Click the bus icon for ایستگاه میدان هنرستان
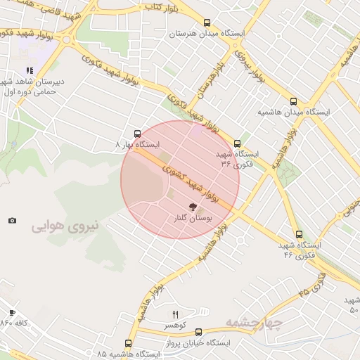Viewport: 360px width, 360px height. [207, 22]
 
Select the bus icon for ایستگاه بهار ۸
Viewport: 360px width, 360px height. [137, 133]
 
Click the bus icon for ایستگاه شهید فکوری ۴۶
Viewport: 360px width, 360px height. [299, 234]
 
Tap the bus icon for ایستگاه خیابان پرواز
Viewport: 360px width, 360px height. [198, 332]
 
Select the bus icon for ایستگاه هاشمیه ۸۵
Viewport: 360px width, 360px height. [128, 343]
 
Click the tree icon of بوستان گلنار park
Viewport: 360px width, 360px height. [193, 207]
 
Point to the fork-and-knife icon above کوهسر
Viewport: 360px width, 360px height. [176, 314]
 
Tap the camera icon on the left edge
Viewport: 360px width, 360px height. [12, 221]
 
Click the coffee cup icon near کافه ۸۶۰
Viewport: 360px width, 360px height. [12, 312]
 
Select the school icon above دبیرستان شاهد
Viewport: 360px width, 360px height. [30, 71]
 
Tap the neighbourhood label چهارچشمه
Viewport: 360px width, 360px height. [254, 323]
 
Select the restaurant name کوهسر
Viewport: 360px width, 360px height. [176, 326]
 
